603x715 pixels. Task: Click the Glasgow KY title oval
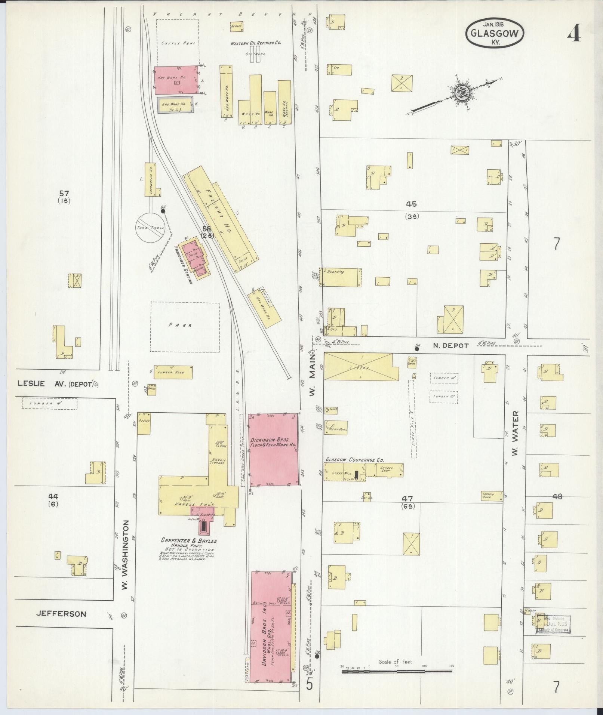click(495, 33)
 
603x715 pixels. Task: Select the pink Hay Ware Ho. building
click(176, 80)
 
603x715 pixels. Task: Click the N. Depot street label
click(450, 346)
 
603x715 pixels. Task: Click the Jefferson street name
click(61, 614)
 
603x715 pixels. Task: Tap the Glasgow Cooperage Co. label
click(354, 460)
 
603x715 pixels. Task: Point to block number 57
click(64, 193)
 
